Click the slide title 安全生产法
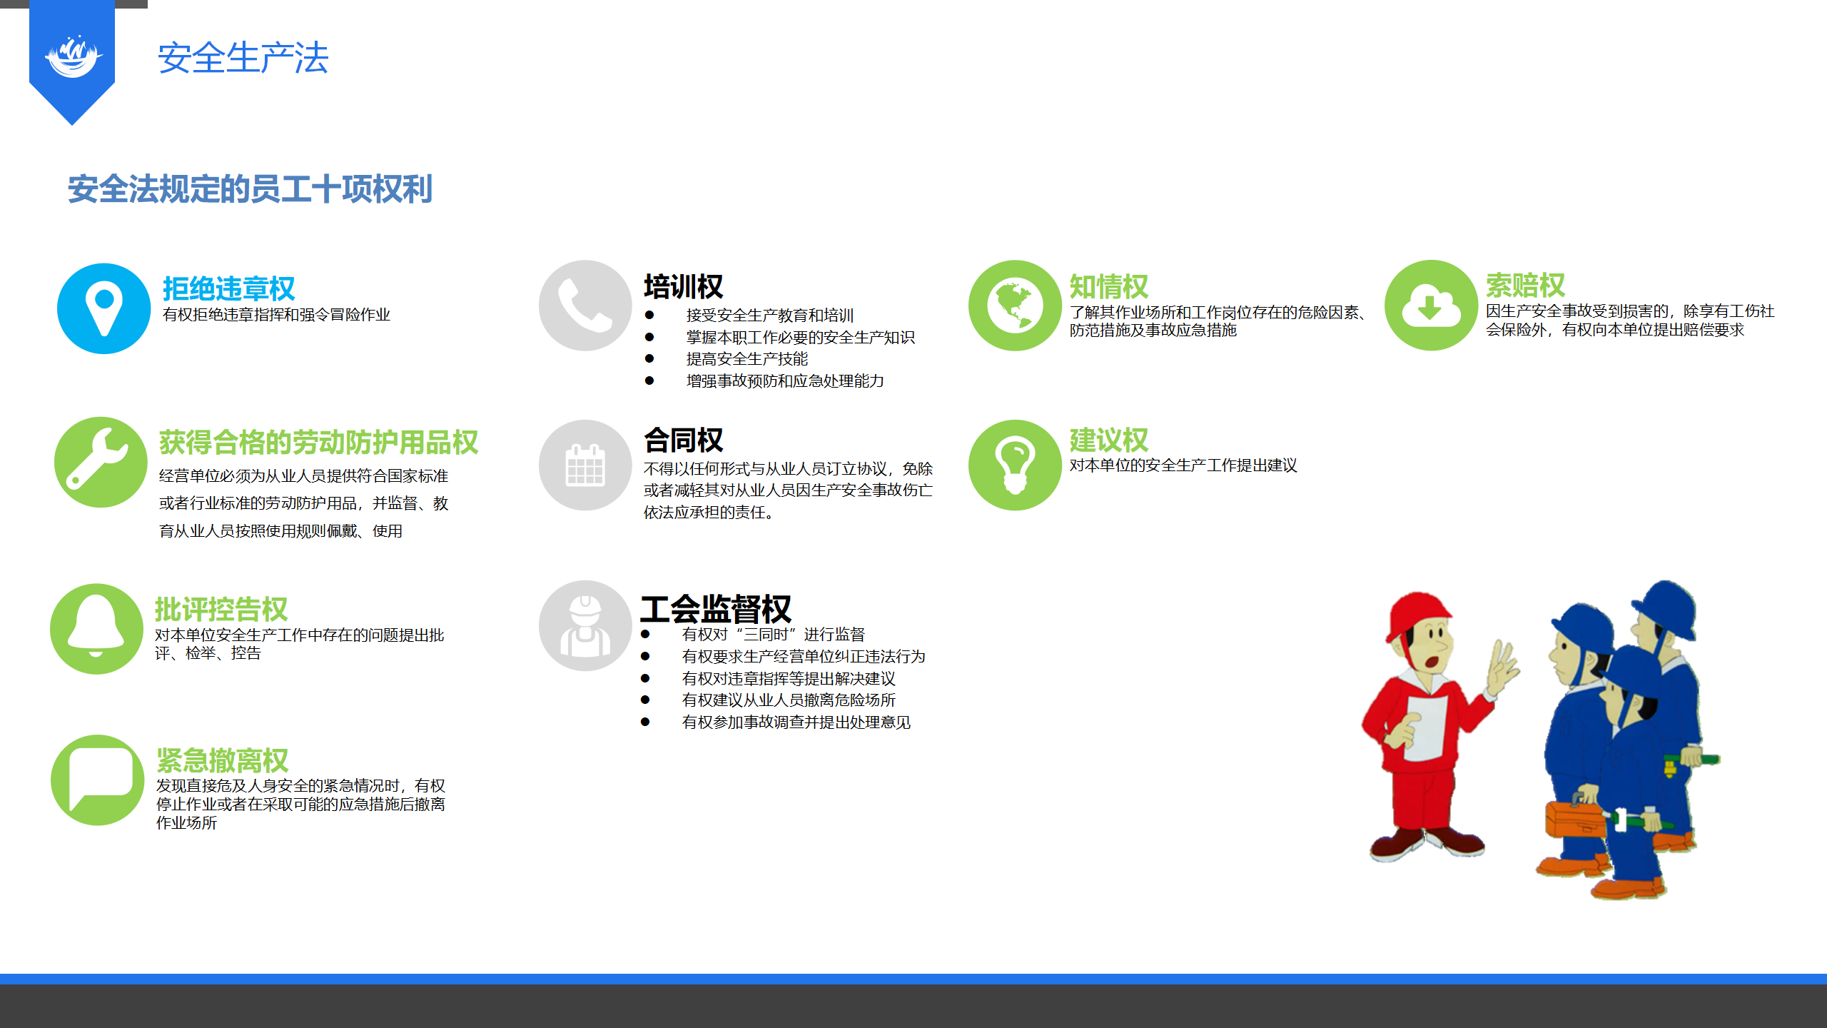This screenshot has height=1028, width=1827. tap(243, 58)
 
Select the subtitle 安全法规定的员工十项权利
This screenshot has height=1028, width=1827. tap(250, 189)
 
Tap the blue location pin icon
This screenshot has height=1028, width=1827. tap(104, 308)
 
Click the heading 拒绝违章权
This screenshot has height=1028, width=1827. tap(228, 288)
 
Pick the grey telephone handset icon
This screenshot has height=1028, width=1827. tap(585, 306)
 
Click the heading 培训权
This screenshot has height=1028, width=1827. tap(683, 286)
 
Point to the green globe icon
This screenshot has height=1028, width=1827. tap(1015, 306)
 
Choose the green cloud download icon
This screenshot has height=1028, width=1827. tap(1431, 306)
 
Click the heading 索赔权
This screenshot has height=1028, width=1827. tap(1525, 286)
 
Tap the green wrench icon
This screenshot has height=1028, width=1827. tap(101, 463)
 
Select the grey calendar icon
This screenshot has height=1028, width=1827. tap(585, 465)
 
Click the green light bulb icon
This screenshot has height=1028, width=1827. tap(1015, 465)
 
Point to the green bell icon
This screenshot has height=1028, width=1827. tap(96, 629)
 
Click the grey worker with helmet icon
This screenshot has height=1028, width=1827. tap(585, 626)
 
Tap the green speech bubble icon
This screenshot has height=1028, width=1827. tap(98, 780)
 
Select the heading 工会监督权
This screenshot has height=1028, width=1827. tap(716, 609)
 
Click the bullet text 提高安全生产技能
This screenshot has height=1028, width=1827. tap(747, 359)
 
